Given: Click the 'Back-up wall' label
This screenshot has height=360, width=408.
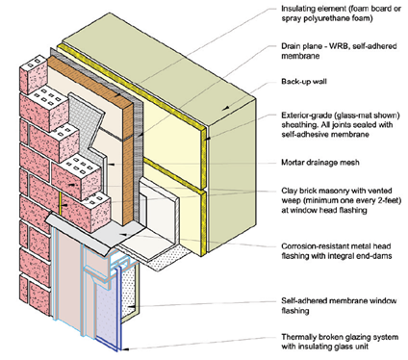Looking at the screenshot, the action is point(304,81).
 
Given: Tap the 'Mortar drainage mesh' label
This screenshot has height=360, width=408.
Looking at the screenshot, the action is point(320,162).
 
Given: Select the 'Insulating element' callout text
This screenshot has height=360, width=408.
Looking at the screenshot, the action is point(341,13).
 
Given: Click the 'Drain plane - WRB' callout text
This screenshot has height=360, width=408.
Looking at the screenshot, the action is point(339,51).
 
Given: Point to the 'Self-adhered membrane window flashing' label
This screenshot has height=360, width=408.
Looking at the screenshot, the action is point(339,306).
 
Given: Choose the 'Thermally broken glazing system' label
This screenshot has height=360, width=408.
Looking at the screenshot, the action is point(340,342).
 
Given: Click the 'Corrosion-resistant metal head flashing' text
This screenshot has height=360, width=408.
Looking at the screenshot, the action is point(336,251).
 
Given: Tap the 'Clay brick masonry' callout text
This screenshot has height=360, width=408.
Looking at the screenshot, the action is point(342,200).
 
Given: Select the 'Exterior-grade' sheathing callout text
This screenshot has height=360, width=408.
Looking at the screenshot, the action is point(341,124).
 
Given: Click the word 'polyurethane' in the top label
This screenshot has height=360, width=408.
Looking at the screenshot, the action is point(326,18).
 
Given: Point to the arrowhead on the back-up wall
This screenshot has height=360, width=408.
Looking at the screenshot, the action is point(226,108).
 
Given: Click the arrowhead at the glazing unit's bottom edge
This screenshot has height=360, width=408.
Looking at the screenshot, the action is point(126,348).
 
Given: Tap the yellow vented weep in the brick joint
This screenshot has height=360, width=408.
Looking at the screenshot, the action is point(60,203).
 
